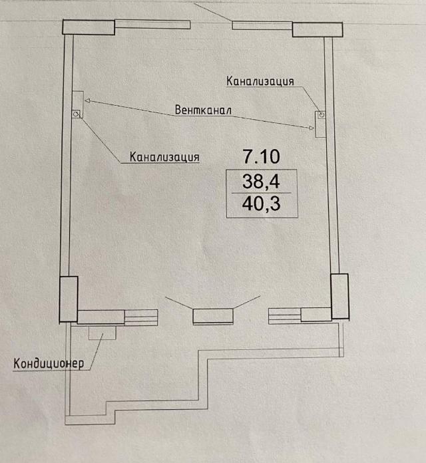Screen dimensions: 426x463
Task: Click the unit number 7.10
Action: (x=261, y=156)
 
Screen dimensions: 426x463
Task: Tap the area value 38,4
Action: (x=261, y=181)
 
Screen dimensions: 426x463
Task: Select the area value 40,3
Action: (x=262, y=204)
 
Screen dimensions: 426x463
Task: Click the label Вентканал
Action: (x=203, y=110)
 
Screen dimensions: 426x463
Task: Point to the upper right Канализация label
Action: (x=260, y=81)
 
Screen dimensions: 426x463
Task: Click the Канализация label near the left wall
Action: (x=164, y=157)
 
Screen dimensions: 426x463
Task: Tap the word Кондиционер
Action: (x=49, y=363)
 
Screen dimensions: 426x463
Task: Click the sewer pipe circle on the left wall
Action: (x=76, y=113)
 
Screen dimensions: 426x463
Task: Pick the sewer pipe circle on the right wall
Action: (x=322, y=114)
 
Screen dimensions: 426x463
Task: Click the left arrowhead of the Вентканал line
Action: (x=87, y=100)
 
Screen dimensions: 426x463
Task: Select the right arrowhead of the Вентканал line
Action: (x=312, y=128)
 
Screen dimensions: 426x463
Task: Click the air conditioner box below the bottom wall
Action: (x=103, y=333)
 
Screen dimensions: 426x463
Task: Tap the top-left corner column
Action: (x=89, y=27)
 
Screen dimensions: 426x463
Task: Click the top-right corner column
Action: (x=318, y=29)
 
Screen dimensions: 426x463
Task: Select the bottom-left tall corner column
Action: (x=69, y=299)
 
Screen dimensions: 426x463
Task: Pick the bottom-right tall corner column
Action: (x=339, y=297)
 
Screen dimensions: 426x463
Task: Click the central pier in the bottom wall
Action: (x=213, y=316)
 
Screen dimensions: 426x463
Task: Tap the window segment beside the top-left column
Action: (x=152, y=24)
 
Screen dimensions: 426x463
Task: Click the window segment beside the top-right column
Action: (x=262, y=25)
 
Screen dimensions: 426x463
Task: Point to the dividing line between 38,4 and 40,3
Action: (x=261, y=193)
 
